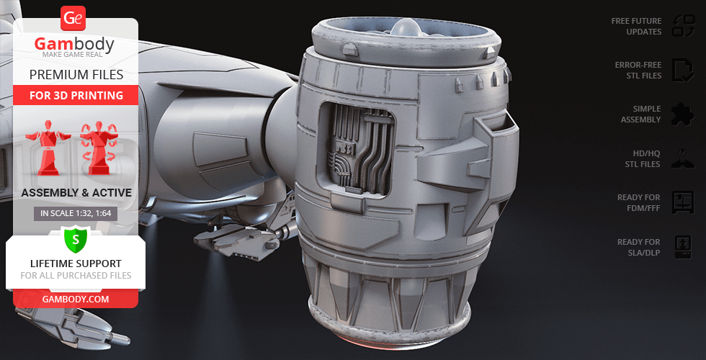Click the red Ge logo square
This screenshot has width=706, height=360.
[x=73, y=19]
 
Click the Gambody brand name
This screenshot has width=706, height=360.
[x=74, y=44]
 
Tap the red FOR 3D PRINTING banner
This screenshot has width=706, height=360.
[x=76, y=95]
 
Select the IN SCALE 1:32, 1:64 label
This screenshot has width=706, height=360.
[x=76, y=214]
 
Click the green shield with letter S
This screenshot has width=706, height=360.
[x=76, y=240]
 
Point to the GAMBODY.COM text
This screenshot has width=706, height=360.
[x=76, y=300]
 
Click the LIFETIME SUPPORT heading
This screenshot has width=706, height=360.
[x=76, y=264]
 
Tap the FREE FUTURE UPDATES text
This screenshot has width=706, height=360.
[x=636, y=26]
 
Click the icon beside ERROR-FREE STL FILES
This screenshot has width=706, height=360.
[x=683, y=71]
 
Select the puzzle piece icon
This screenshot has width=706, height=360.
[x=683, y=114]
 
